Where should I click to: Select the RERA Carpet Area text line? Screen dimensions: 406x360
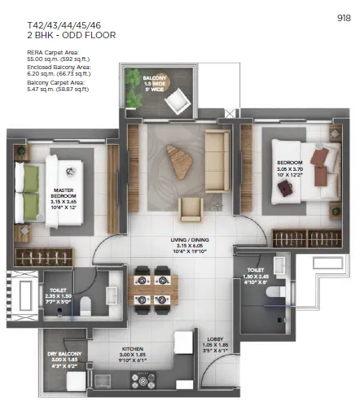42,55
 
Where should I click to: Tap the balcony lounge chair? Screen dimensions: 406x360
176,98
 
